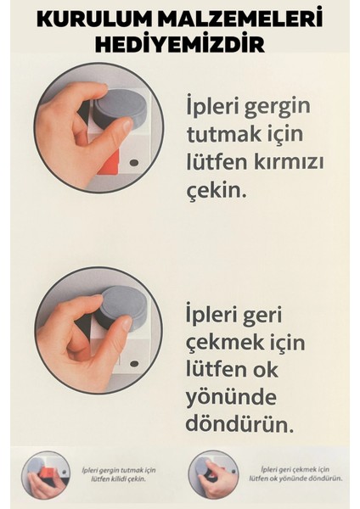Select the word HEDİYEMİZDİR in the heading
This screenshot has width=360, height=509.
(180, 43)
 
